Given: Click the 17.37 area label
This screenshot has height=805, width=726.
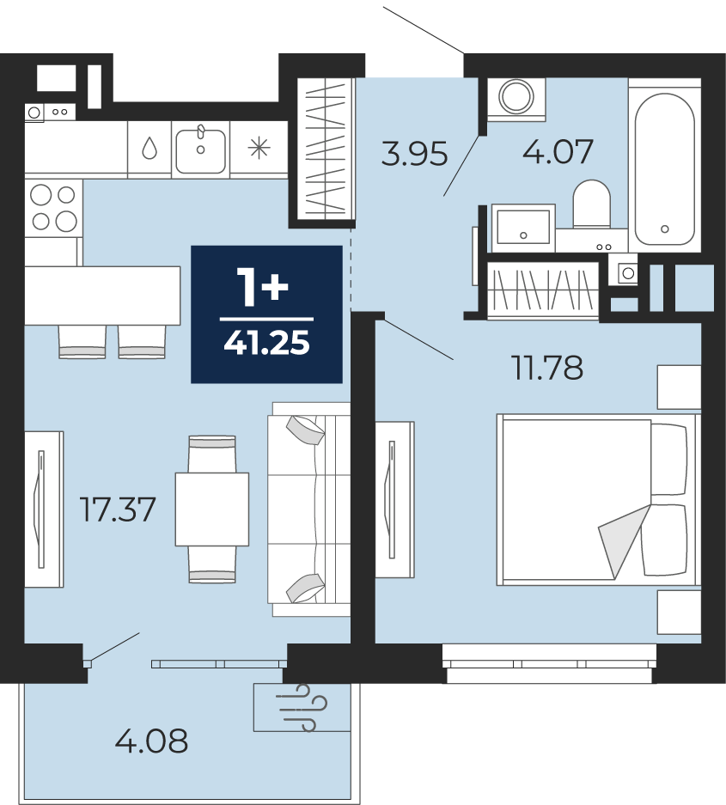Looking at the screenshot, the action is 118,509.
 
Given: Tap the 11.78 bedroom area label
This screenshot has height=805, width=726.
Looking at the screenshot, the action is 548,368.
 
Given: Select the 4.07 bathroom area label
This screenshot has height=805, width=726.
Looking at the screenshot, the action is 558,151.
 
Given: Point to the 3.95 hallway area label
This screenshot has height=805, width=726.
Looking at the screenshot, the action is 414,154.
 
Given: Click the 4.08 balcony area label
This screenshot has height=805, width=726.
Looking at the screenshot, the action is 151,741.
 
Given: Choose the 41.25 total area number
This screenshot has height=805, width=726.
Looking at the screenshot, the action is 266,343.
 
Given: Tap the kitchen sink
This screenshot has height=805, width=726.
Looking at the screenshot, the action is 201,149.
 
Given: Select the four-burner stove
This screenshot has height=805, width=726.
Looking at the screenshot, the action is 53,209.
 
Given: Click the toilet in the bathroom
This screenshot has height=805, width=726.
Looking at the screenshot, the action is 591,204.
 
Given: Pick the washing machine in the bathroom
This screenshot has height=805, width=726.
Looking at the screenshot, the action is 516,99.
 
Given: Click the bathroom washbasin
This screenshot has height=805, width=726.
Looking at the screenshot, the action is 523,228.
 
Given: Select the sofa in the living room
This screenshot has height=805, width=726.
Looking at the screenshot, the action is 309,509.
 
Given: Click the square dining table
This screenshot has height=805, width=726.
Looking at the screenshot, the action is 212,509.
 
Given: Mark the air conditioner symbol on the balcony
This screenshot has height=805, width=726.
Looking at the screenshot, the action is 302,707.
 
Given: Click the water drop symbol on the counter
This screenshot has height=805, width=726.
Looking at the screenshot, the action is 149,149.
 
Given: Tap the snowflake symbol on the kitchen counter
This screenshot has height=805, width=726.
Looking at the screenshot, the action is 259,149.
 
